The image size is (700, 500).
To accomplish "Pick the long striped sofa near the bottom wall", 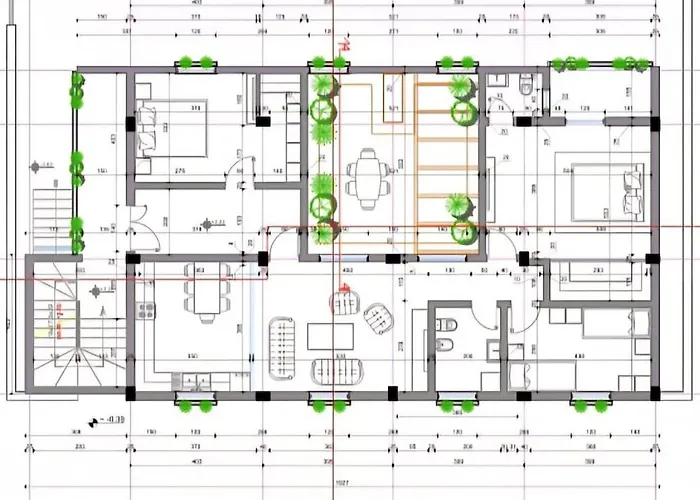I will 334,371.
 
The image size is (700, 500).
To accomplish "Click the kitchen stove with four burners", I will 146,315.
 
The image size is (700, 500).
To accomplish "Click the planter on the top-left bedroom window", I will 196,63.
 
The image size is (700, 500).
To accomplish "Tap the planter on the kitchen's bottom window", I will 195,405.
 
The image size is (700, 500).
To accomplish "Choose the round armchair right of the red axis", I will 380,318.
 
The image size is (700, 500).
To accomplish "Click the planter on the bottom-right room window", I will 590,405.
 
